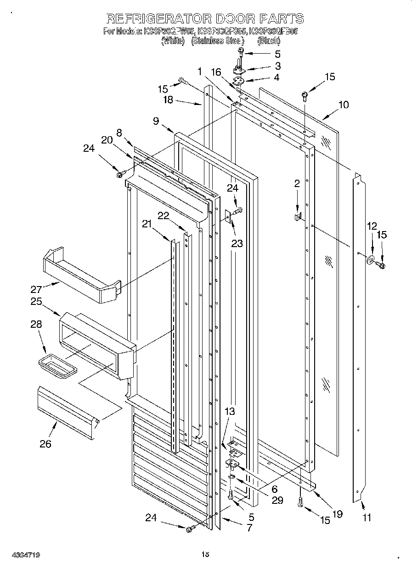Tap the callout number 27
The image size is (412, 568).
[x=37, y=289]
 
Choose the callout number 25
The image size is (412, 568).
[x=37, y=302]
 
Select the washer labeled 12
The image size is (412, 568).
[x=370, y=261]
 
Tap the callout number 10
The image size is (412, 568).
[x=344, y=105]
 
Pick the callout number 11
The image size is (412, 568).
[x=367, y=518]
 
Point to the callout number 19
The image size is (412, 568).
[x=338, y=514]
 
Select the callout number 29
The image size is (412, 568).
[x=277, y=500]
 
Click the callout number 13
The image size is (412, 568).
[x=229, y=412]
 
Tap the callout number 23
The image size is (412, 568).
[x=237, y=243]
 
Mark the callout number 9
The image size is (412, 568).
[x=156, y=121]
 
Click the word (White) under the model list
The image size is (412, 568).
[x=173, y=41]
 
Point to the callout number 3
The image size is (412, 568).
[x=277, y=66]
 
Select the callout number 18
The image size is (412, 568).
[x=168, y=100]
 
